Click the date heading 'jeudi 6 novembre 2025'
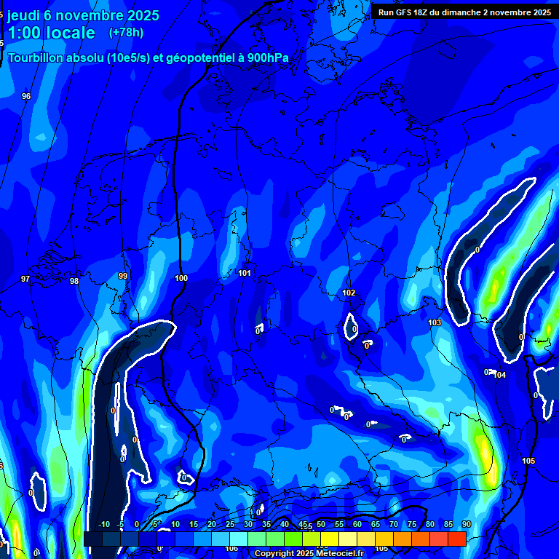point(83,15)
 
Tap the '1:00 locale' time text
point(51,33)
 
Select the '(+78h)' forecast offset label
point(126,33)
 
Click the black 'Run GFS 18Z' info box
point(464,12)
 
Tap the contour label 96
point(26,96)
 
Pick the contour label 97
point(25,279)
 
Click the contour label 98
point(74,281)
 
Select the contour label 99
point(122,276)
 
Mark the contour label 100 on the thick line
point(181,278)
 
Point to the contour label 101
point(245,273)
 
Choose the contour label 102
point(349,293)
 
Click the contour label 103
point(435,322)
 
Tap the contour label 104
point(499,375)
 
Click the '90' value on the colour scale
point(466,524)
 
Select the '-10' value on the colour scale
point(103,524)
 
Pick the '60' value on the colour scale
point(357,524)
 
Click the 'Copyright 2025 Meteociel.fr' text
point(309,554)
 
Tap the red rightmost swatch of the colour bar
point(456,539)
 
